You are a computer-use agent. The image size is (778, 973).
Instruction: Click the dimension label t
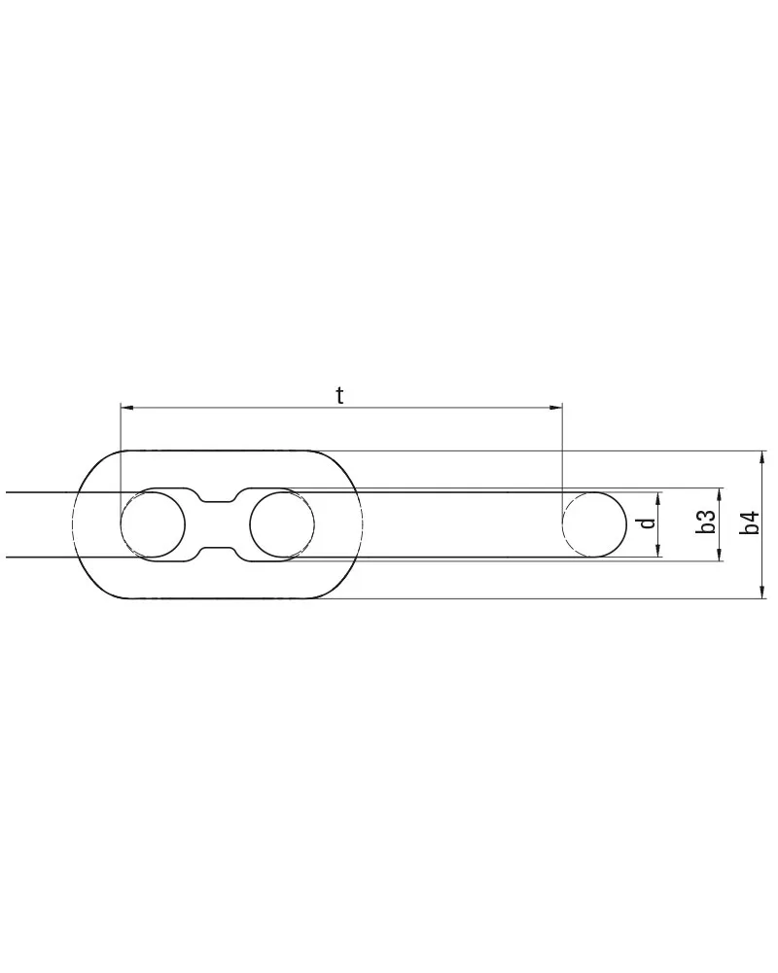click(339, 395)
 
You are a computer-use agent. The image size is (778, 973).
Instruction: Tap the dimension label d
click(648, 523)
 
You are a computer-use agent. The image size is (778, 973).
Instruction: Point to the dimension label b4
click(751, 523)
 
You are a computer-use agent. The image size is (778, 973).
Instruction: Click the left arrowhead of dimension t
click(127, 408)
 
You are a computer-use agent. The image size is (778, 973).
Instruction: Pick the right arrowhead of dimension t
click(555, 408)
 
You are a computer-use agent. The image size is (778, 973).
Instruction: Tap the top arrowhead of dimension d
click(658, 498)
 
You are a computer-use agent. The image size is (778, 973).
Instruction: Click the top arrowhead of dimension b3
click(719, 494)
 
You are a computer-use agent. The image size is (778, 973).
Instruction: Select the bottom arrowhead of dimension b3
click(719, 555)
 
